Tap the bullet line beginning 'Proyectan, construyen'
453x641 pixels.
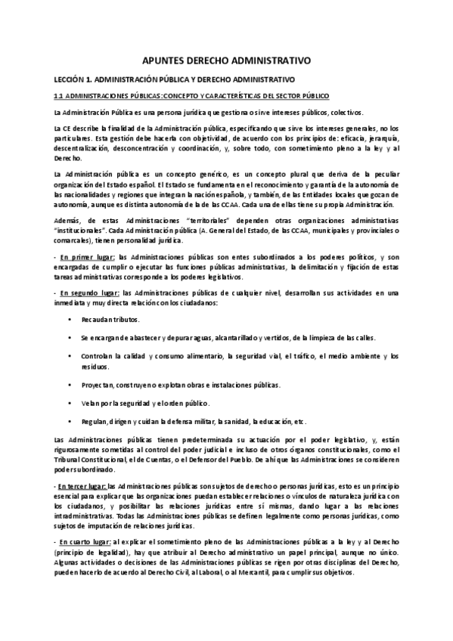point(180,385)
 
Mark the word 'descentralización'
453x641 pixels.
point(86,150)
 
